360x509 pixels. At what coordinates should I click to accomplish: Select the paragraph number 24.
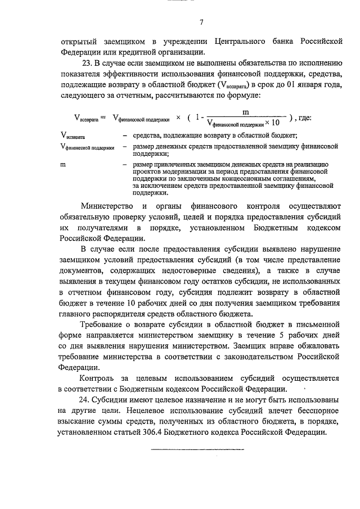87,400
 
